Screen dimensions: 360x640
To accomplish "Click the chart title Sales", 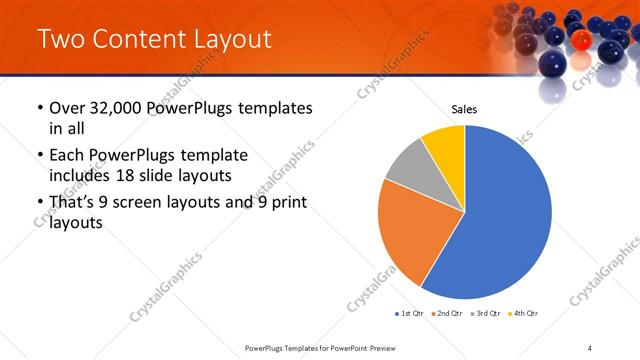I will click(x=464, y=108).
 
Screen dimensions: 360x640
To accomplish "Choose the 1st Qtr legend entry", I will click(x=410, y=314).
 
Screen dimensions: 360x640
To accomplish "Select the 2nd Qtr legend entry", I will click(x=446, y=314).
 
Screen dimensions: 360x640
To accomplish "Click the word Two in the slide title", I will click(x=61, y=40).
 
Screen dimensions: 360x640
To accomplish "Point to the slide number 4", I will click(x=590, y=347).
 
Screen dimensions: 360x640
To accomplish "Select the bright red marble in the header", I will click(x=581, y=38).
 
